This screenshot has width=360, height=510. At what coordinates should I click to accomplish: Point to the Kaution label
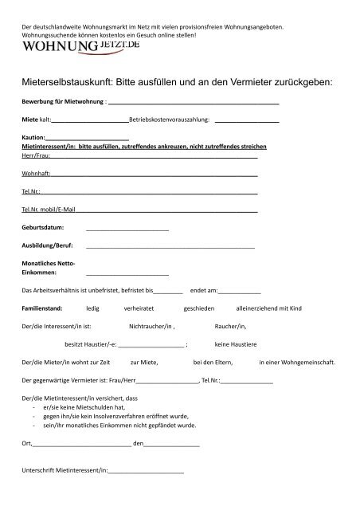point(34,139)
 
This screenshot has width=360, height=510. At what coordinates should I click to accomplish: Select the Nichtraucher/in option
point(151,326)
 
